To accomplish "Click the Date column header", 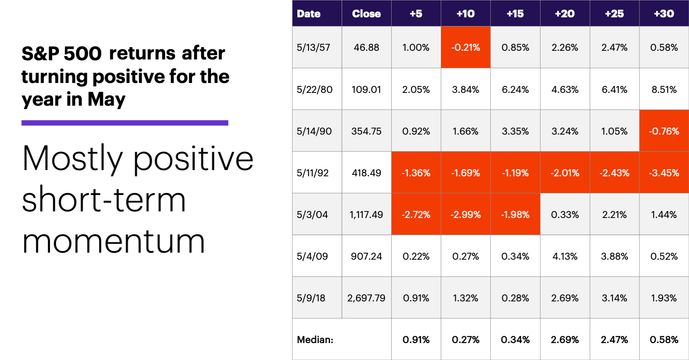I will click(309, 14).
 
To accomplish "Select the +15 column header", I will click(515, 14).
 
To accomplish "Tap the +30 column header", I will click(664, 14).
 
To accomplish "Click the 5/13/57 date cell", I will click(314, 47).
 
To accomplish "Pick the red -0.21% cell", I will click(466, 47).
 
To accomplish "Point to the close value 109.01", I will click(366, 90).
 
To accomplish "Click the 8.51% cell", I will click(664, 90).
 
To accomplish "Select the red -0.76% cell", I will click(664, 131).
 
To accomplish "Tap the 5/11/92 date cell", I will click(313, 173).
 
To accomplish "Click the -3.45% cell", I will click(664, 173).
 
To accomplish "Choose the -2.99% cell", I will click(466, 215).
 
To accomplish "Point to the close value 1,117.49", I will click(366, 215).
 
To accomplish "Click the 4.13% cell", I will click(565, 256).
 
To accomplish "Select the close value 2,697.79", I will click(366, 298).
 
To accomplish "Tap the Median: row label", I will click(315, 340).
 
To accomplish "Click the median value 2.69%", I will click(565, 340).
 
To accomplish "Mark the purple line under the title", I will click(125, 123).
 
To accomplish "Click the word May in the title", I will click(107, 99).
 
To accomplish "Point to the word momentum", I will click(114, 241).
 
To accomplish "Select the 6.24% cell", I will click(515, 90).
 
